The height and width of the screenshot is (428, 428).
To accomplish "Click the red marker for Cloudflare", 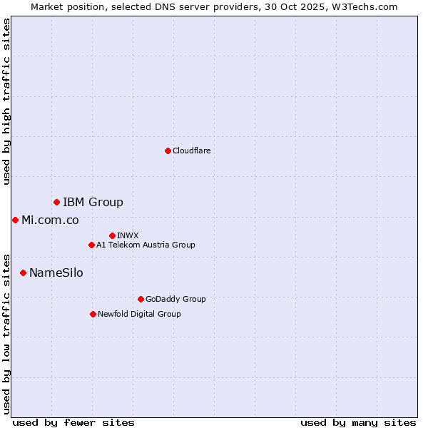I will pyautogui.click(x=168, y=151).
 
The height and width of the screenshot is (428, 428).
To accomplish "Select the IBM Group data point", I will pyautogui.click(x=56, y=203).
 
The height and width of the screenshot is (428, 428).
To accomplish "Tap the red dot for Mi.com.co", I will pyautogui.click(x=15, y=220).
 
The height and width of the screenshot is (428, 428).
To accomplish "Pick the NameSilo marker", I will pyautogui.click(x=23, y=272).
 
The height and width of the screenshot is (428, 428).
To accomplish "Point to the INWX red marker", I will pyautogui.click(x=112, y=235).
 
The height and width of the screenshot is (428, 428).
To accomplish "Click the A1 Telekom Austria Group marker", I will pyautogui.click(x=91, y=245).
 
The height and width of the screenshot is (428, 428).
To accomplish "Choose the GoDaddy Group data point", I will pyautogui.click(x=141, y=299).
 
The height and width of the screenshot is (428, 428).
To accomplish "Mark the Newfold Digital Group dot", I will pyautogui.click(x=93, y=314).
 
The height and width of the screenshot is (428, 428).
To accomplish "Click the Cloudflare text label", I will pyautogui.click(x=191, y=151).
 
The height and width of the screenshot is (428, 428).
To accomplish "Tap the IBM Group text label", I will pyautogui.click(x=93, y=203).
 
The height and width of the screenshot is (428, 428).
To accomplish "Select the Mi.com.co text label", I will pyautogui.click(x=50, y=220).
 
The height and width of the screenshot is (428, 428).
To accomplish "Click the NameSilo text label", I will pyautogui.click(x=56, y=272).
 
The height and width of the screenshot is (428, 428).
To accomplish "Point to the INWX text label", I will pyautogui.click(x=128, y=235).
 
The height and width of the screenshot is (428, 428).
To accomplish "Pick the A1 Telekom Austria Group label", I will pyautogui.click(x=146, y=245).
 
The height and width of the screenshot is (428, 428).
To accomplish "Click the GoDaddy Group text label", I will pyautogui.click(x=175, y=299).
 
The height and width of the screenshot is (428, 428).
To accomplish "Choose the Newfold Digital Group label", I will pyautogui.click(x=139, y=314).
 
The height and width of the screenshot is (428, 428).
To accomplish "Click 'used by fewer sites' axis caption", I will pyautogui.click(x=73, y=422).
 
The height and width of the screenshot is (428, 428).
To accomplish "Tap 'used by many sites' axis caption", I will pyautogui.click(x=358, y=422).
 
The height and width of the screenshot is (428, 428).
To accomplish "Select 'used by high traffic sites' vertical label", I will pyautogui.click(x=6, y=101).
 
